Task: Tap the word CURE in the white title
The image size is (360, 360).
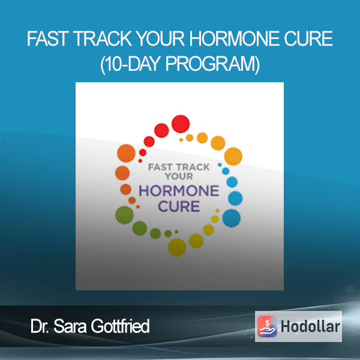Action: click(308, 38)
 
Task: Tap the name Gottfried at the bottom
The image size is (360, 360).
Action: click(120, 326)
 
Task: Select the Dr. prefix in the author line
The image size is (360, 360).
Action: click(40, 326)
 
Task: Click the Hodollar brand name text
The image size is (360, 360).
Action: click(310, 326)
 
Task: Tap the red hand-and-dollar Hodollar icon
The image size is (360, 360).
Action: click(267, 326)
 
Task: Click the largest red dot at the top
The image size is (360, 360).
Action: click(181, 124)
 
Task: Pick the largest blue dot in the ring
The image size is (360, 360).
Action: click(232, 218)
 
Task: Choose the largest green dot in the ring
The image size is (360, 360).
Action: click(124, 215)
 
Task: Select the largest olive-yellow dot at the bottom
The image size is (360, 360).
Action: click(177, 247)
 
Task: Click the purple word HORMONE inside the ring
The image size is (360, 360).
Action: click(179, 191)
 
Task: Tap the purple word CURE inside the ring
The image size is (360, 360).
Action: click(179, 206)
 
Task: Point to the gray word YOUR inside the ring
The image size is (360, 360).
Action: click(179, 176)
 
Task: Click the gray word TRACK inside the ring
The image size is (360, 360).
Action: click(193, 167)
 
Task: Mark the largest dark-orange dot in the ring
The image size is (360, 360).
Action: click(126, 153)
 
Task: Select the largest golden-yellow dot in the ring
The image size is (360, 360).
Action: click(233, 157)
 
